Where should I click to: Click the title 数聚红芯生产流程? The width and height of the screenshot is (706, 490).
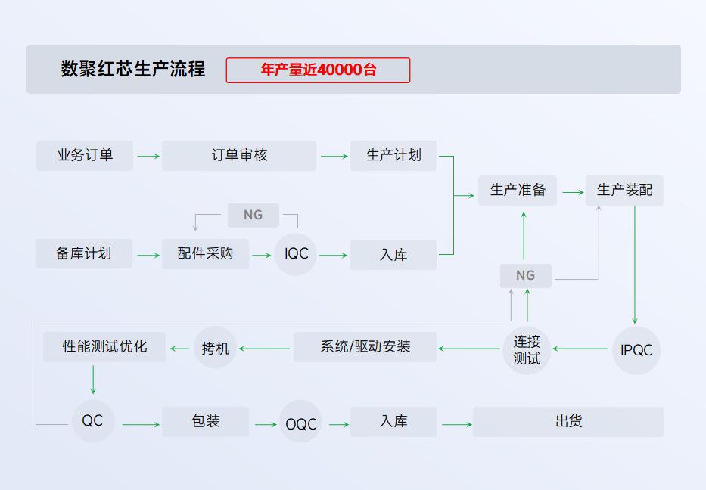coord(133,70)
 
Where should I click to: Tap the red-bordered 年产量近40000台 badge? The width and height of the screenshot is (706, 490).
coord(318,70)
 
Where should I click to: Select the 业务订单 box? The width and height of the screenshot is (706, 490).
coord(85,156)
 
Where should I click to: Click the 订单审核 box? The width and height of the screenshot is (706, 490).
coord(239,156)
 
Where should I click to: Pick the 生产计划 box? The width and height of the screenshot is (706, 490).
coord(393,156)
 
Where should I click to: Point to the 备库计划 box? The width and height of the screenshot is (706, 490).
coord(84,254)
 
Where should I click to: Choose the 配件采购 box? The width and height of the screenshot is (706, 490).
coord(205,254)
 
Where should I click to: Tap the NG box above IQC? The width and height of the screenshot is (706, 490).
coord(253,216)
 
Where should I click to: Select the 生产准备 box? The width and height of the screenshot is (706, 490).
coord(518,191)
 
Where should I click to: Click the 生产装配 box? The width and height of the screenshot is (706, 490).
coord(624,191)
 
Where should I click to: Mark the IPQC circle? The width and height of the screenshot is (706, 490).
coord(636,350)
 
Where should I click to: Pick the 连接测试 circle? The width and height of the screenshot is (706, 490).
coord(527,349)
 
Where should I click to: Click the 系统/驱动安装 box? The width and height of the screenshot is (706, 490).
coord(365,347)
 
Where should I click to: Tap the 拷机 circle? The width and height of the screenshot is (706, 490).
coord(216,348)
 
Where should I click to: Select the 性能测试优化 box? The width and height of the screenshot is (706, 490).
coord(104,347)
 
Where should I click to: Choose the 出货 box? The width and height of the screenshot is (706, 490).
coord(568,422)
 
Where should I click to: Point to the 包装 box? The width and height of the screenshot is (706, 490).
coord(205,422)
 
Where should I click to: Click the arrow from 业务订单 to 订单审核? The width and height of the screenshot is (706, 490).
coord(148,157)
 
